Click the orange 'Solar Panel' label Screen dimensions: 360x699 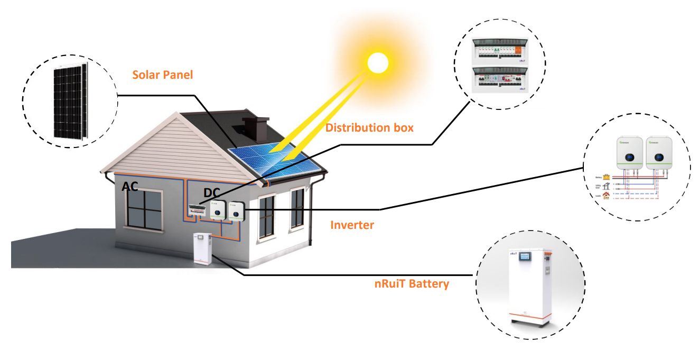tap(162, 75)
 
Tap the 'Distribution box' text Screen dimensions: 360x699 tap(369, 127)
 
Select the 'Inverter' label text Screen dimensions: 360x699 tap(352, 225)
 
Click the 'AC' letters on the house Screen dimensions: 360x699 tap(130, 187)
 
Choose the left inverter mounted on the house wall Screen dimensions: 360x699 tap(217, 210)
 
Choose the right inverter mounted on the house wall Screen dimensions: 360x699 tap(236, 211)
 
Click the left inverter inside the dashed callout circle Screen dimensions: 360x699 tap(630, 154)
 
